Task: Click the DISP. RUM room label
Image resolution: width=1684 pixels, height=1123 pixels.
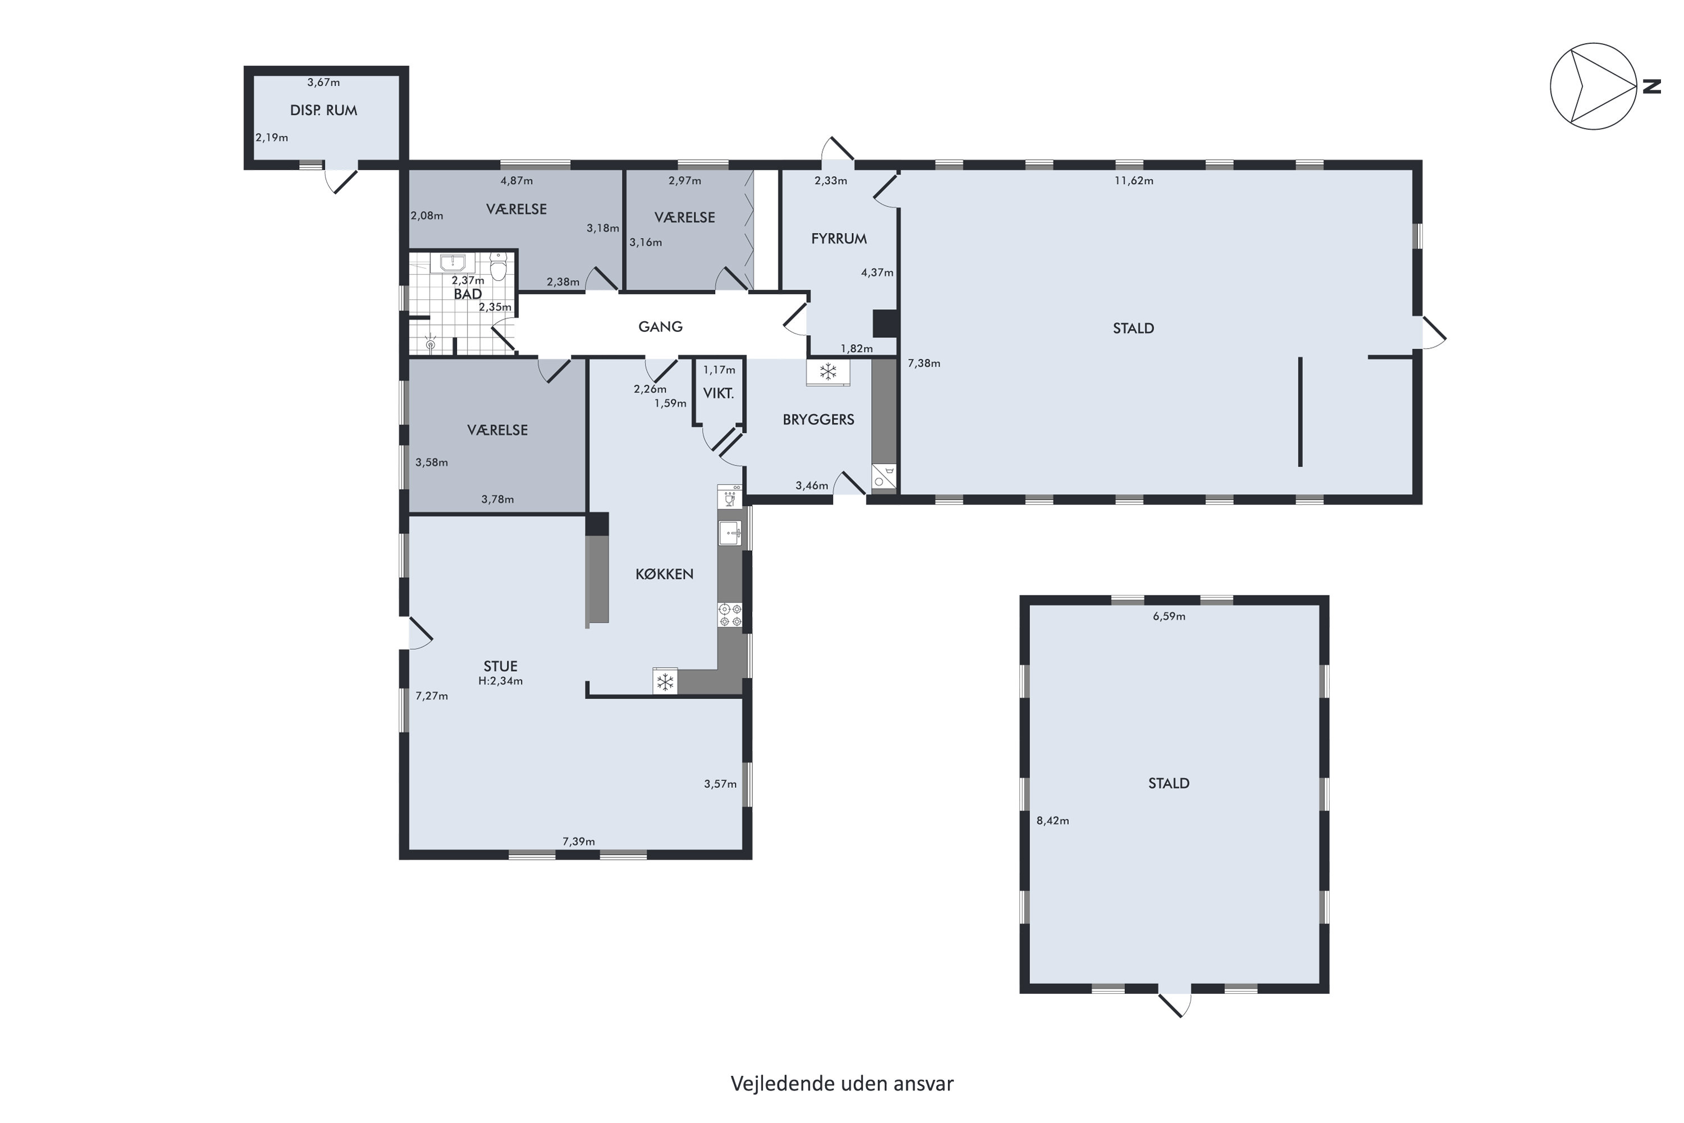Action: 324,110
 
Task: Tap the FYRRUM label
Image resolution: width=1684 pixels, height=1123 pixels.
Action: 839,239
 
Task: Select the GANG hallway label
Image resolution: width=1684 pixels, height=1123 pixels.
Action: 660,327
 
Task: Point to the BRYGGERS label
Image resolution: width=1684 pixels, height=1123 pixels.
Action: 818,419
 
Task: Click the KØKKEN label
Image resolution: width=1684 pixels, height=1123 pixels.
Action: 665,574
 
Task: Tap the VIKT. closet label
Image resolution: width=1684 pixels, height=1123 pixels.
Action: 718,393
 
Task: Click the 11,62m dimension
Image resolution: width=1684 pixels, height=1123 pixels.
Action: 1133,180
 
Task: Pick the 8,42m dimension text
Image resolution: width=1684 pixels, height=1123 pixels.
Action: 1052,821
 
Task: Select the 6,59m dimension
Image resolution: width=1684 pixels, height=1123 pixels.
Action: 1169,616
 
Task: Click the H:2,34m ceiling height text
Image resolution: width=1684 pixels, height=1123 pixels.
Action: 501,681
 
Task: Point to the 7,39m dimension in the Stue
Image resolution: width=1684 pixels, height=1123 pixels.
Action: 579,842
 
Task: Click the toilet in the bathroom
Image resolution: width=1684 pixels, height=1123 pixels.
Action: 498,266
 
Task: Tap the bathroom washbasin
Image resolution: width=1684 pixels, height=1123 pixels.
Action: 452,263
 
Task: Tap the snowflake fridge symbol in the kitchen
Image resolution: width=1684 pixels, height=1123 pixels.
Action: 665,681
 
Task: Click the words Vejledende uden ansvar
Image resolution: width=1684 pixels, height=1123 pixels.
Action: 842,1084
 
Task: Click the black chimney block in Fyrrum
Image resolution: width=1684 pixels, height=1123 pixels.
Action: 885,323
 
